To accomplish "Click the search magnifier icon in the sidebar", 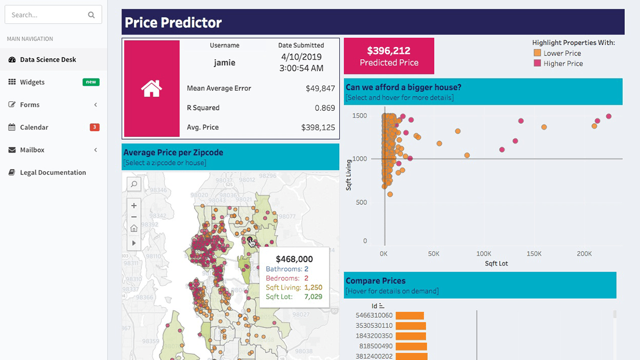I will (91, 15).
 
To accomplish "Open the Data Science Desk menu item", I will (48, 60).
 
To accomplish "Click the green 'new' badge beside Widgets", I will (91, 82).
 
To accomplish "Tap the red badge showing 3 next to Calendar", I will (94, 127).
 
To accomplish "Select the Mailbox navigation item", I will (32, 150).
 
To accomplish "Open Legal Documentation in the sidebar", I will (53, 172).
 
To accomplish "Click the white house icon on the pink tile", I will (151, 89).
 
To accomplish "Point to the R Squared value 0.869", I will (325, 108).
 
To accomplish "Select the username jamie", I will (225, 62).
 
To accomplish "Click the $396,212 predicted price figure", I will (389, 51).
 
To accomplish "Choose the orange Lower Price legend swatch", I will (537, 53).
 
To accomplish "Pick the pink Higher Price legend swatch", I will (537, 63).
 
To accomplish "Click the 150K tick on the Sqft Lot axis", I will (534, 254).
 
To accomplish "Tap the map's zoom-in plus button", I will (134, 205).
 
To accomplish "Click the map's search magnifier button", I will (134, 184).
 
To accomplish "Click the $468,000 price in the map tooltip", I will (294, 260).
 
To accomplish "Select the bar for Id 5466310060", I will (409, 316).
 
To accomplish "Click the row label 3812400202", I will (374, 356).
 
